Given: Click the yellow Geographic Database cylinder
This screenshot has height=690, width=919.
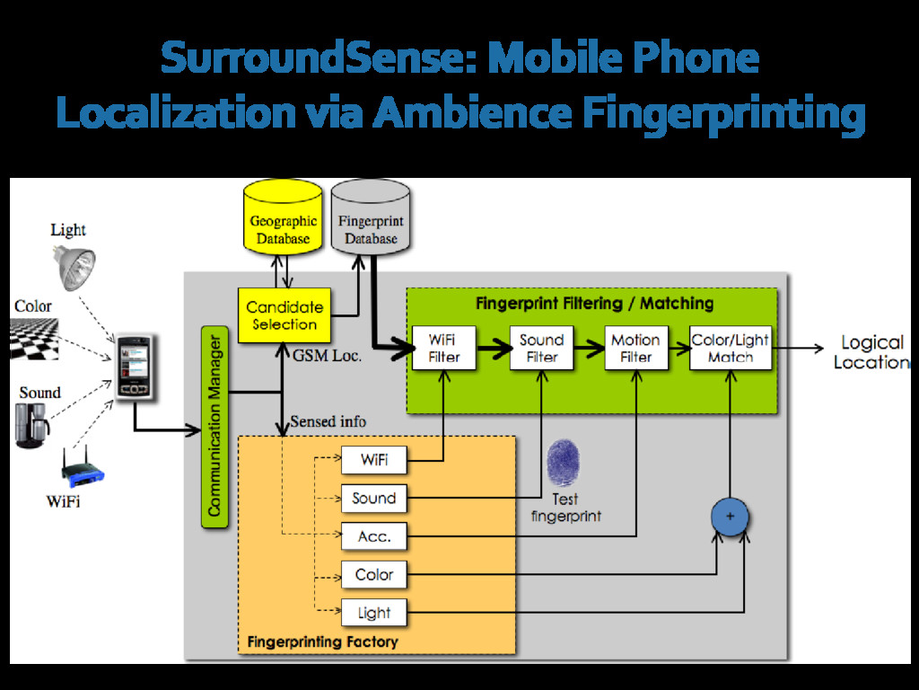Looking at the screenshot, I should (x=283, y=217).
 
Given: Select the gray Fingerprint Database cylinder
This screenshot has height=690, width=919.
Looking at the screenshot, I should (x=371, y=217).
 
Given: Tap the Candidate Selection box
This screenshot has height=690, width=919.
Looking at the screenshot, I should (x=284, y=315).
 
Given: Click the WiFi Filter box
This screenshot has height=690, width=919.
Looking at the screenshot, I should (x=443, y=349).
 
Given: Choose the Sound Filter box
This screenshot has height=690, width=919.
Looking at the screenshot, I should (x=541, y=349).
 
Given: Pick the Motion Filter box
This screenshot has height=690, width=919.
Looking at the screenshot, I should (x=635, y=349).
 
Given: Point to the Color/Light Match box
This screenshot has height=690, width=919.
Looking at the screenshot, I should (x=730, y=349).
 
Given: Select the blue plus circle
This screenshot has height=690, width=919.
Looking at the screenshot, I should (x=730, y=517).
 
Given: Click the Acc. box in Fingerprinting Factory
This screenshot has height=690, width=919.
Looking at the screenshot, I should (x=374, y=536).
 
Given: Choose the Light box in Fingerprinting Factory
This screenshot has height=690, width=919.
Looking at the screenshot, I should (x=374, y=613).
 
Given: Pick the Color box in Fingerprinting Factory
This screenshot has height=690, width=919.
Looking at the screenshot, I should (x=374, y=575).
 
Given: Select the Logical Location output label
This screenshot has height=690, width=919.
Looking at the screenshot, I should (x=871, y=352).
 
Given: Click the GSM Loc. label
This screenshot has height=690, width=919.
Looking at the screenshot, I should (x=328, y=355).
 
